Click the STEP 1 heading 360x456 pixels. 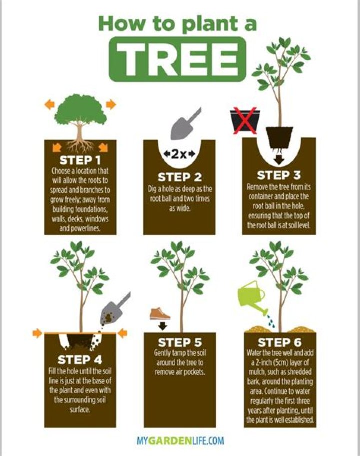pyautogui.click(x=80, y=160)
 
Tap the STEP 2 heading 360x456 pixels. pyautogui.click(x=179, y=177)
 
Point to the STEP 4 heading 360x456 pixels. pyautogui.click(x=80, y=359)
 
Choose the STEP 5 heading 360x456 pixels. pyautogui.click(x=179, y=343)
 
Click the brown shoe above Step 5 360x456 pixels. pyautogui.click(x=161, y=314)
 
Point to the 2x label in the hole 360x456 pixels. pyautogui.click(x=180, y=153)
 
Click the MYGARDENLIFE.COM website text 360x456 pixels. pyautogui.click(x=180, y=441)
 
